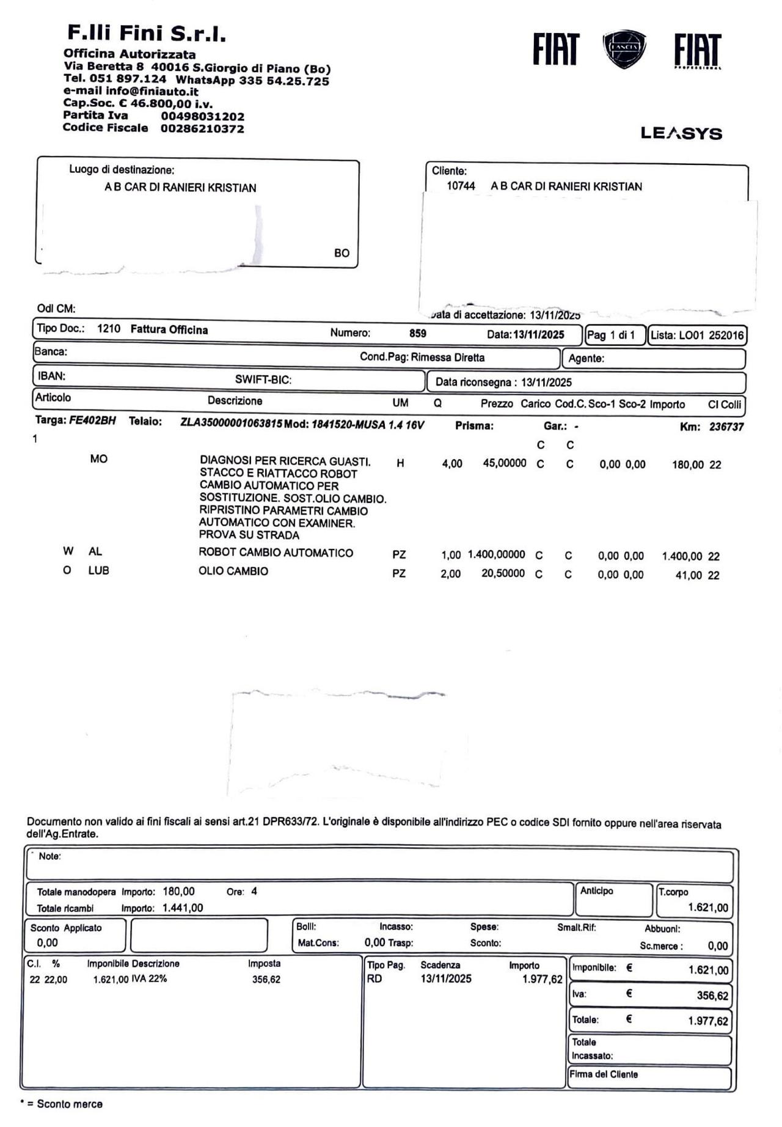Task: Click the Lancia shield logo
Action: point(624,48)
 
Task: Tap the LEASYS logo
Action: point(681,133)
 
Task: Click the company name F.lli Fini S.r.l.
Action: point(147,33)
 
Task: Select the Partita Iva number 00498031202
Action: point(203,116)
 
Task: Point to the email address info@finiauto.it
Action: point(152,92)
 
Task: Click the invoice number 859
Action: point(418,334)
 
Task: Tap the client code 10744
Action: point(461,186)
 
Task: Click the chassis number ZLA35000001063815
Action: point(231,424)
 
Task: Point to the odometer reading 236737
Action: point(726,427)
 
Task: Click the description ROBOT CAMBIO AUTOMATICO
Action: point(276,553)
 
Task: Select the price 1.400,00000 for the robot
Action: point(496,554)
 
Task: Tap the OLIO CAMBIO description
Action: point(233,571)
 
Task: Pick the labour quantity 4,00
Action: point(452,464)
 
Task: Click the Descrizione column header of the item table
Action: point(235,401)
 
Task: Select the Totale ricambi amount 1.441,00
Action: point(183,908)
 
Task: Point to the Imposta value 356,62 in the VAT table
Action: point(266,980)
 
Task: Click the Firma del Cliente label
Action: point(604,1074)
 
